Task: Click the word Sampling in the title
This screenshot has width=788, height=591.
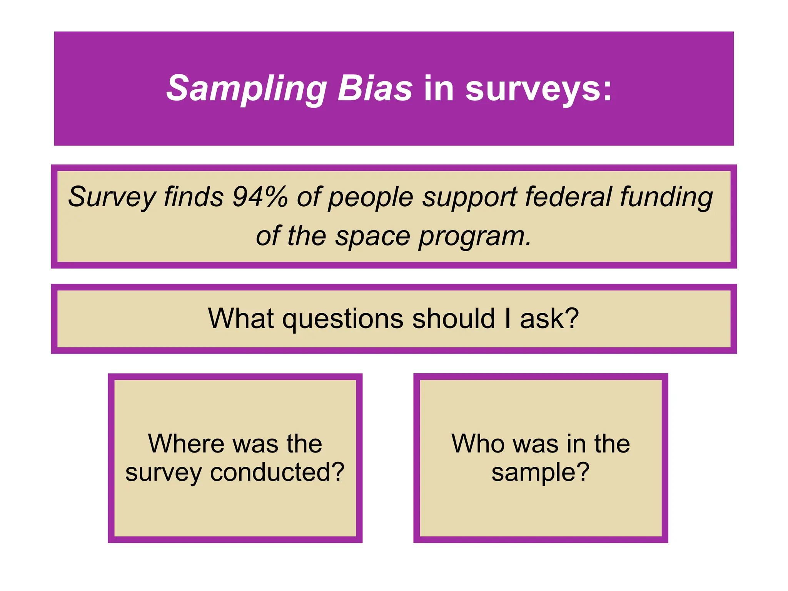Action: click(x=246, y=88)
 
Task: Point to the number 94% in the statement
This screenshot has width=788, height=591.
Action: click(x=260, y=197)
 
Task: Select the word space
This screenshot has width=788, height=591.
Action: click(x=372, y=236)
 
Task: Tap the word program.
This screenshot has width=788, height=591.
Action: click(x=475, y=236)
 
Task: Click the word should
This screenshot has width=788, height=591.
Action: click(x=454, y=319)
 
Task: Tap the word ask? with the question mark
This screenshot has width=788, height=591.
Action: click(x=549, y=319)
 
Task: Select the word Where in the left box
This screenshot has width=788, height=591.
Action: click(x=186, y=444)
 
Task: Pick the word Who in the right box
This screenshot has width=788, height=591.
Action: click(x=477, y=444)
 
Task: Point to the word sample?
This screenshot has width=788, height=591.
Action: click(x=540, y=472)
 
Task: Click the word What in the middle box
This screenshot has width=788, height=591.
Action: click(x=241, y=319)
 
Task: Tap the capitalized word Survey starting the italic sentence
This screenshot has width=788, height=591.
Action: click(x=112, y=197)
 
